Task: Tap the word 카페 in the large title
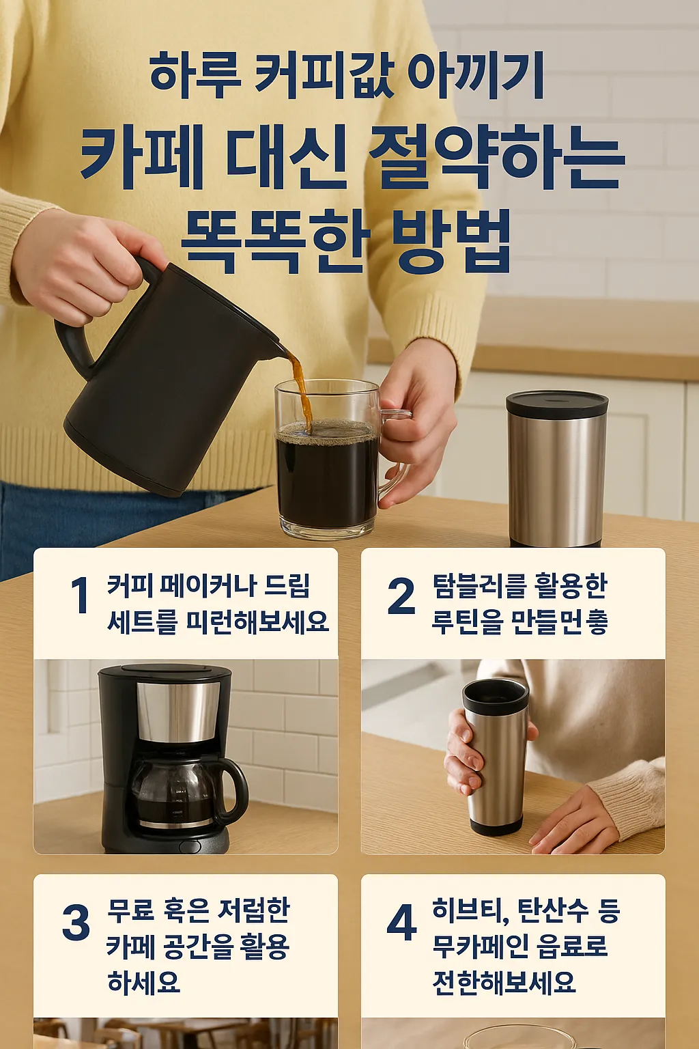tap(142, 157)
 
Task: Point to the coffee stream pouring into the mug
tap(301, 389)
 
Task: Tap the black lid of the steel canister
tap(556, 404)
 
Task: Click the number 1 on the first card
tap(80, 595)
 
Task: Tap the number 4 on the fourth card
tap(401, 923)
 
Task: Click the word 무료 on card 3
tap(130, 910)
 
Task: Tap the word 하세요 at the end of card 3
tap(144, 982)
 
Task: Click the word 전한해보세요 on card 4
tap(504, 982)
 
